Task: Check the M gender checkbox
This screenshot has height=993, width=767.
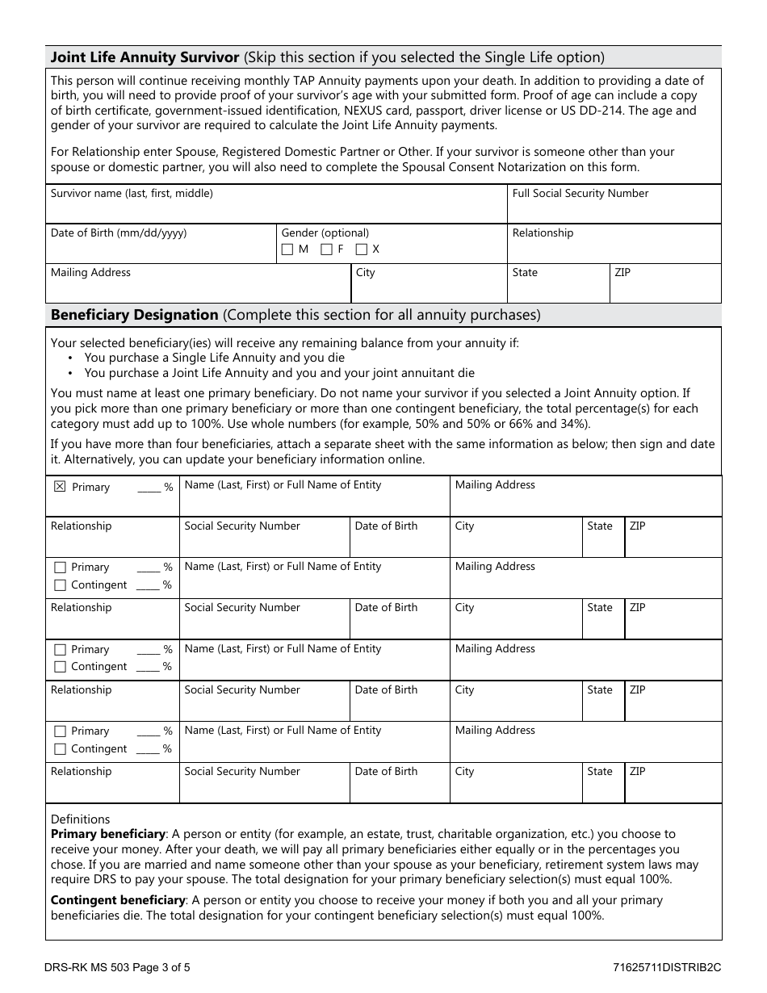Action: point(287,249)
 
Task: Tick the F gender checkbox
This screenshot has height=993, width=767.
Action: point(326,249)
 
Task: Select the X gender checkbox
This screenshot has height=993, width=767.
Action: point(361,249)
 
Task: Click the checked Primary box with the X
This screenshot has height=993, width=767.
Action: point(59,487)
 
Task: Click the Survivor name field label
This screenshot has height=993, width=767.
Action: point(132,194)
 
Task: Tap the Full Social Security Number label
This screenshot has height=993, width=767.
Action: point(580,194)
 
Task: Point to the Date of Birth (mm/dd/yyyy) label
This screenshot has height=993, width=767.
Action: point(119,233)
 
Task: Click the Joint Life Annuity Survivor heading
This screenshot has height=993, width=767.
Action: point(145,57)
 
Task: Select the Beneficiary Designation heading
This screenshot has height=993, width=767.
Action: point(134,315)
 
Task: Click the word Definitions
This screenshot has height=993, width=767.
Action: point(80,819)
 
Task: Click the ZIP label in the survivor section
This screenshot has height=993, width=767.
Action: point(622,273)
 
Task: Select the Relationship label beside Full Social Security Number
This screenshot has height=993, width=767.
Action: point(543,233)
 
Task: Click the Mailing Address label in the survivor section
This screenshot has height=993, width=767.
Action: point(90,273)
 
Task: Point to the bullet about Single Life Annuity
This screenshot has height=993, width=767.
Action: point(214,358)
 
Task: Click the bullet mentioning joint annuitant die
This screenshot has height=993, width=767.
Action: point(279,373)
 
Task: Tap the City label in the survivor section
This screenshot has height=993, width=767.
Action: point(366,273)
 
